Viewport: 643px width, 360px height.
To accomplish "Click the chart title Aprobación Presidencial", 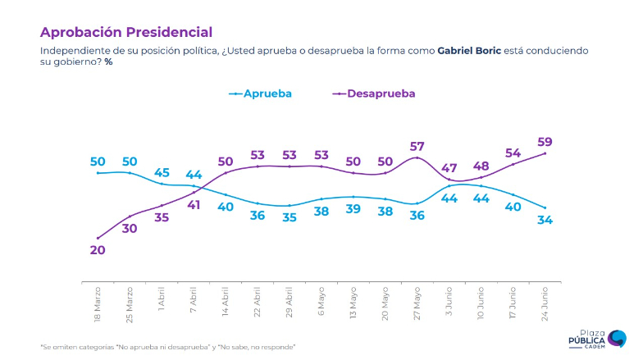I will (x=126, y=32).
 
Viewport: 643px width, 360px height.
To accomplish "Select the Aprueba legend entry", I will (x=262, y=93).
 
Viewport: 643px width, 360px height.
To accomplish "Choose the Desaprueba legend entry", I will (x=374, y=93).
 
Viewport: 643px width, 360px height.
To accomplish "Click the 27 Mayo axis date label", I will (x=417, y=303).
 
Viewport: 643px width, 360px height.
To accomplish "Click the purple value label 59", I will (x=545, y=140).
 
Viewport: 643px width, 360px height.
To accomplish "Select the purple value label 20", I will (x=98, y=251).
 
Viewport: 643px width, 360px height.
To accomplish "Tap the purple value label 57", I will (x=417, y=144).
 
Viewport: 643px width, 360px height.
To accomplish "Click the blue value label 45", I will (x=162, y=172).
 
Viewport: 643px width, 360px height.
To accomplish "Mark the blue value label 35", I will (x=290, y=218).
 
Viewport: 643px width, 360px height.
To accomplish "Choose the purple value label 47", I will (x=449, y=168).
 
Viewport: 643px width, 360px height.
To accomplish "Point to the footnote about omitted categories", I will (x=167, y=348).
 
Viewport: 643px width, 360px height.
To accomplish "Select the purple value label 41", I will (x=194, y=206).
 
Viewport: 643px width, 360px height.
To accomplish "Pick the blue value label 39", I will (x=353, y=210).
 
